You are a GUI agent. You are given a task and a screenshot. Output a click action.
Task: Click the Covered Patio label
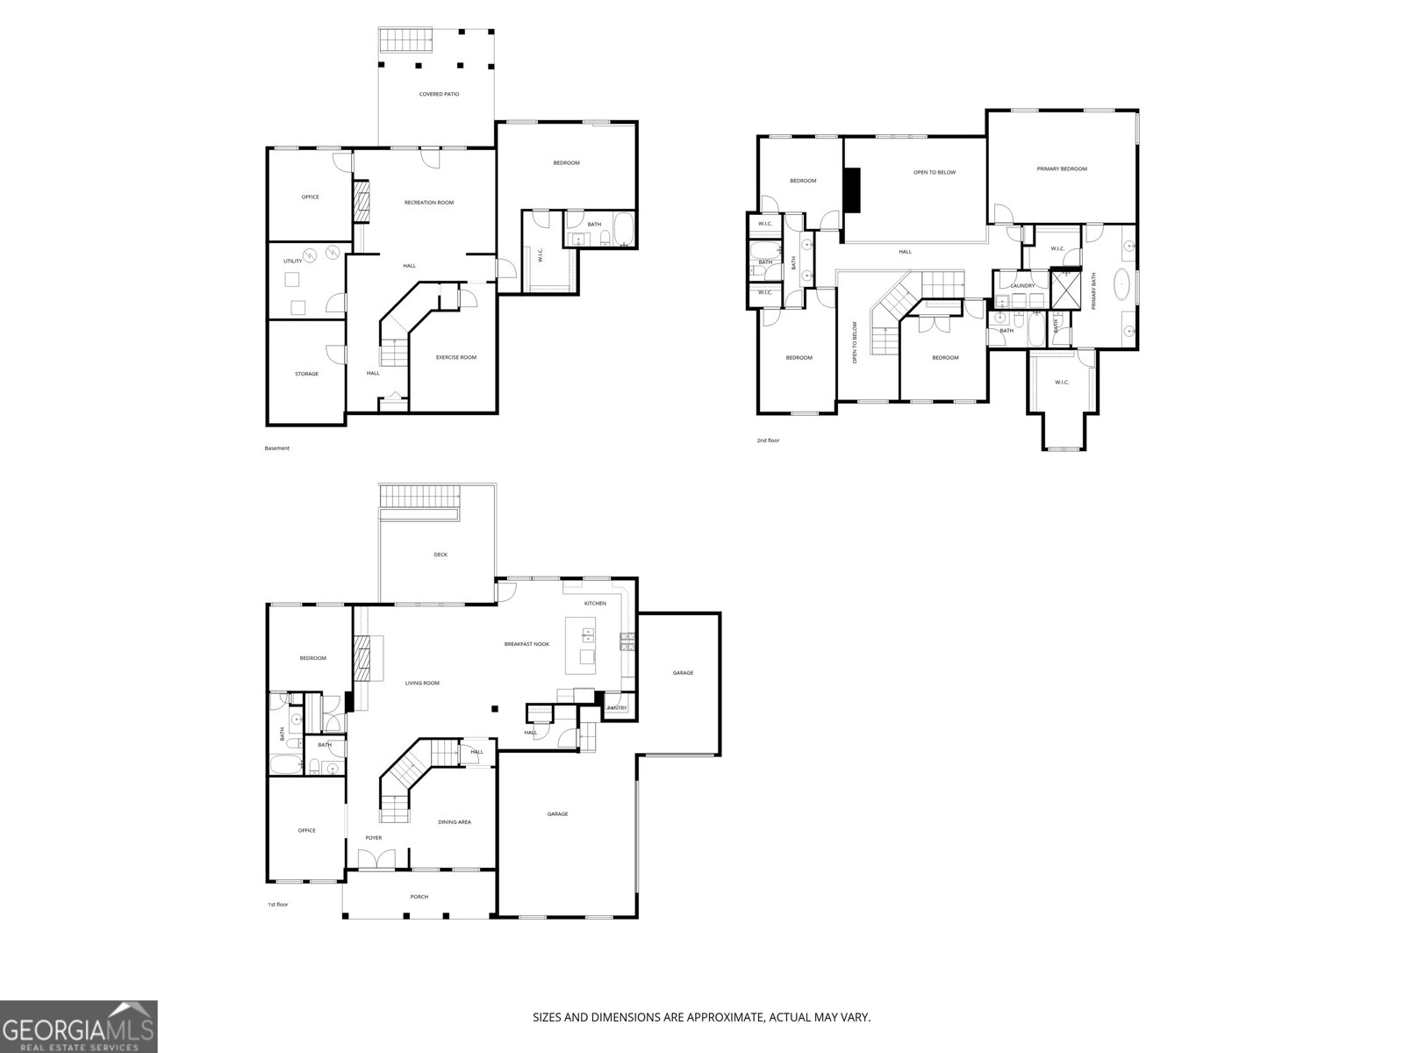pos(439,94)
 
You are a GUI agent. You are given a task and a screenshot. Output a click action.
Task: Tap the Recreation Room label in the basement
pos(429,203)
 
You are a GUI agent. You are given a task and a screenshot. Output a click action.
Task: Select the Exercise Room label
pos(456,357)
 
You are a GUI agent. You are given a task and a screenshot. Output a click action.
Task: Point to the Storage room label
pos(306,374)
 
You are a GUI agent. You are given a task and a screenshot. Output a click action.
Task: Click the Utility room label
pos(292,261)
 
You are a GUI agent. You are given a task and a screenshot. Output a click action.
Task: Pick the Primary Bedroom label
pos(1062,168)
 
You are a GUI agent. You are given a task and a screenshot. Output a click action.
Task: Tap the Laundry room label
pos(1022,285)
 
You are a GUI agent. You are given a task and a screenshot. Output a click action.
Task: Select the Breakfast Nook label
pos(526,644)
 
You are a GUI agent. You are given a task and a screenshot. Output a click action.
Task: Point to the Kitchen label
pos(596,604)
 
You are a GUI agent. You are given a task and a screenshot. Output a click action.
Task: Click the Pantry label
pos(617,708)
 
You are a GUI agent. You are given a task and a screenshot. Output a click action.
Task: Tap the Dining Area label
pos(455,822)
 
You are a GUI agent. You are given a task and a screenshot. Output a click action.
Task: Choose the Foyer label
pos(374,838)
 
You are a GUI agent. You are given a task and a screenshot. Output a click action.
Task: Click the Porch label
pos(419,897)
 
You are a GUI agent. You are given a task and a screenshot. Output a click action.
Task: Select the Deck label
pos(441,555)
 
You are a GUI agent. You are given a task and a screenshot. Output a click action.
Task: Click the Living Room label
pos(422,683)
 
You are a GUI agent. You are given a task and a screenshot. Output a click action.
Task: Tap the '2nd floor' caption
pos(768,441)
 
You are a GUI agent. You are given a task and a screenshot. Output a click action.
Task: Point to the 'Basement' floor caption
pos(277,448)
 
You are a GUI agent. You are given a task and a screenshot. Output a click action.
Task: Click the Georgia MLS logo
pos(79,1027)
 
